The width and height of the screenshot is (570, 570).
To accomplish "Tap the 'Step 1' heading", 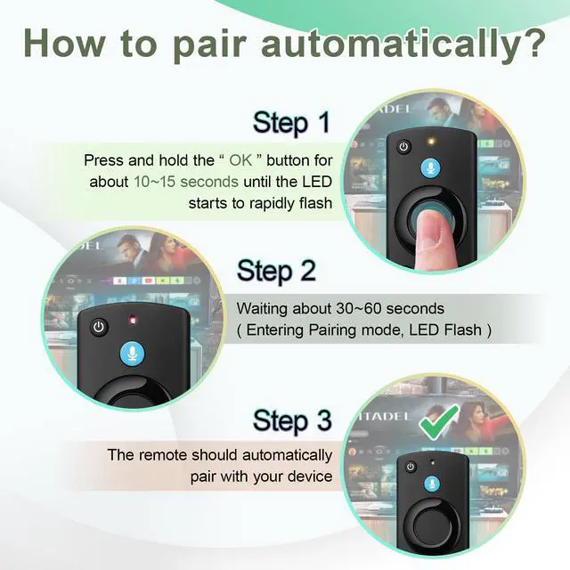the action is [x=292, y=123].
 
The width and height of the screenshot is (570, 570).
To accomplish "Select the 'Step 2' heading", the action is [x=277, y=271].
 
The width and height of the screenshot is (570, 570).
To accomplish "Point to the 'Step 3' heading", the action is [x=292, y=420].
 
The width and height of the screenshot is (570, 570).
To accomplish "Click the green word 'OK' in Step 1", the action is [x=240, y=160].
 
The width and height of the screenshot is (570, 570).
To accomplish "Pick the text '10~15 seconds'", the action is [x=186, y=182].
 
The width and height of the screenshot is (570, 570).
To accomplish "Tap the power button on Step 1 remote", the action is [x=403, y=147].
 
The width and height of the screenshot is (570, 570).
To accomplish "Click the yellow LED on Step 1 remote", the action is [x=431, y=142].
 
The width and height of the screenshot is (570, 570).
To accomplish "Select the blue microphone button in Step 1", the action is [x=430, y=168].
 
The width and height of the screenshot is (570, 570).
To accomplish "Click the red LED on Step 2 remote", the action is [x=133, y=320].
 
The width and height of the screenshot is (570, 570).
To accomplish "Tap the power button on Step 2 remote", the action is [x=99, y=327].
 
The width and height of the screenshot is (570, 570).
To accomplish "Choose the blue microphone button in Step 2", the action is [x=133, y=353].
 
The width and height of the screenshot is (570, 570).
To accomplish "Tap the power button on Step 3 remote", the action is [x=411, y=467].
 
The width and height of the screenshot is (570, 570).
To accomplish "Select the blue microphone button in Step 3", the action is [x=432, y=484].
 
